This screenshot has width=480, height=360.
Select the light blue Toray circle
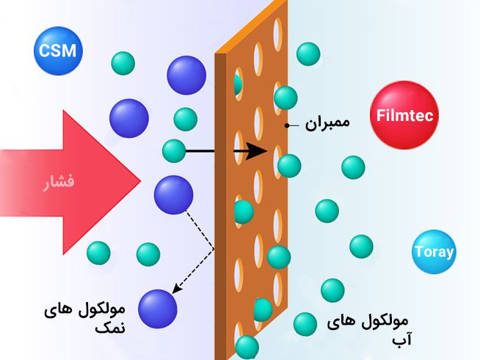tap(434, 252)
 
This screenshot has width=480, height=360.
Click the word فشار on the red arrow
tap(57, 181)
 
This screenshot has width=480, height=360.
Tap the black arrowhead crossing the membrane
tap(256, 152)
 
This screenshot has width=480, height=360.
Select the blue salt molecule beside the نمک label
tap(157, 309)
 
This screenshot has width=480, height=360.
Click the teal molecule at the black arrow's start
tap(174, 150)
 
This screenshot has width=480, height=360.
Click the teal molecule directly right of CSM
tap(124, 63)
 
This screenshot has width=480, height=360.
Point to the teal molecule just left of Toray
tap(360, 246)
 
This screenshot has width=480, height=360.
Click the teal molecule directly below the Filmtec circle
tap(353, 167)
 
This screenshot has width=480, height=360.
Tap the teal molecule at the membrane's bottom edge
tap(247, 347)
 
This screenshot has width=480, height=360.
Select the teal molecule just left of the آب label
tap(305, 323)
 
